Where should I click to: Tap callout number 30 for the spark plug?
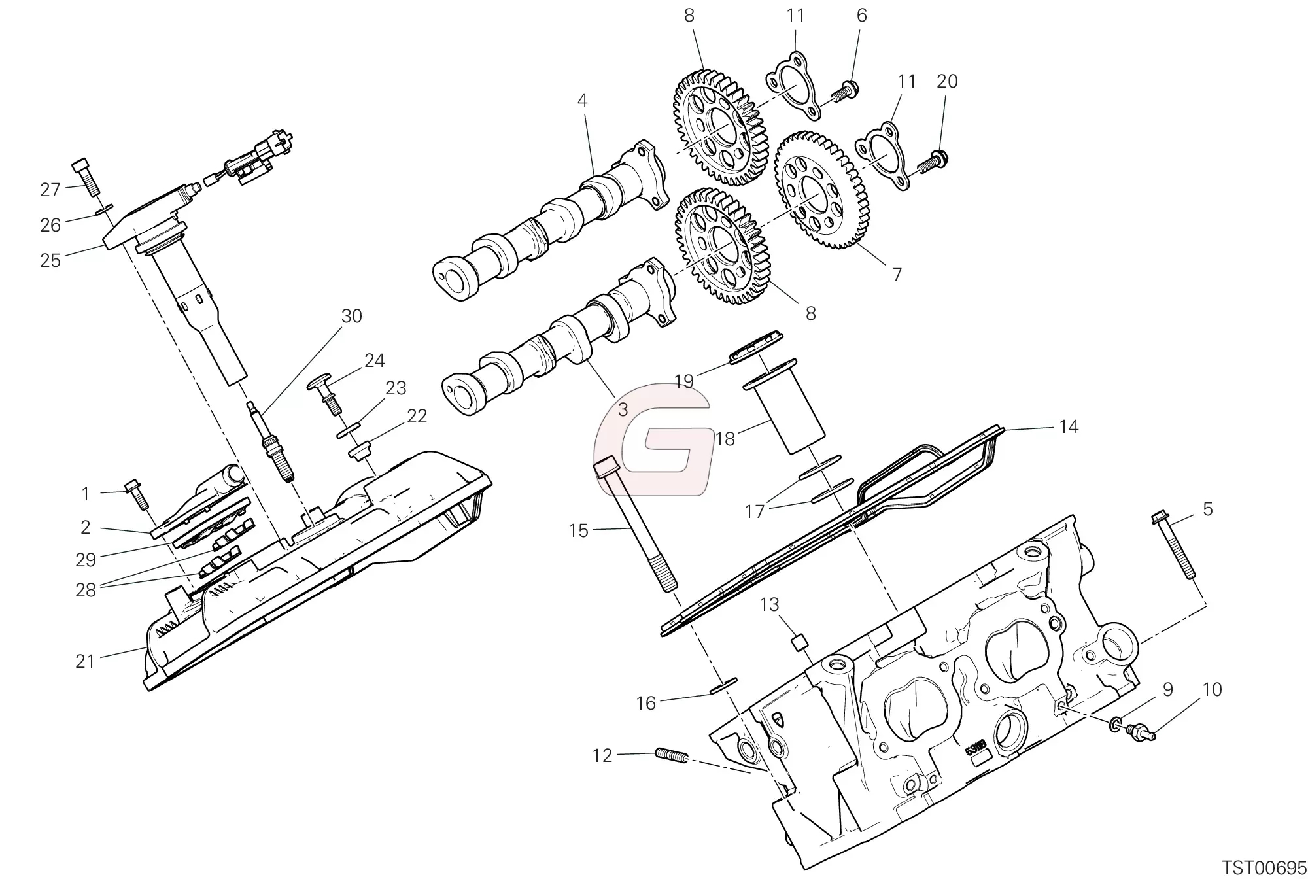352,317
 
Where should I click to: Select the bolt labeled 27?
85,167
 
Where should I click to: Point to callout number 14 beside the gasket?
1068,427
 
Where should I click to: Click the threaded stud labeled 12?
670,756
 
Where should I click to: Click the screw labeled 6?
844,92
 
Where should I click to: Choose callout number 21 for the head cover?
86,661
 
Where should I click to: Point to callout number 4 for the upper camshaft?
582,101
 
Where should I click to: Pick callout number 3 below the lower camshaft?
623,410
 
